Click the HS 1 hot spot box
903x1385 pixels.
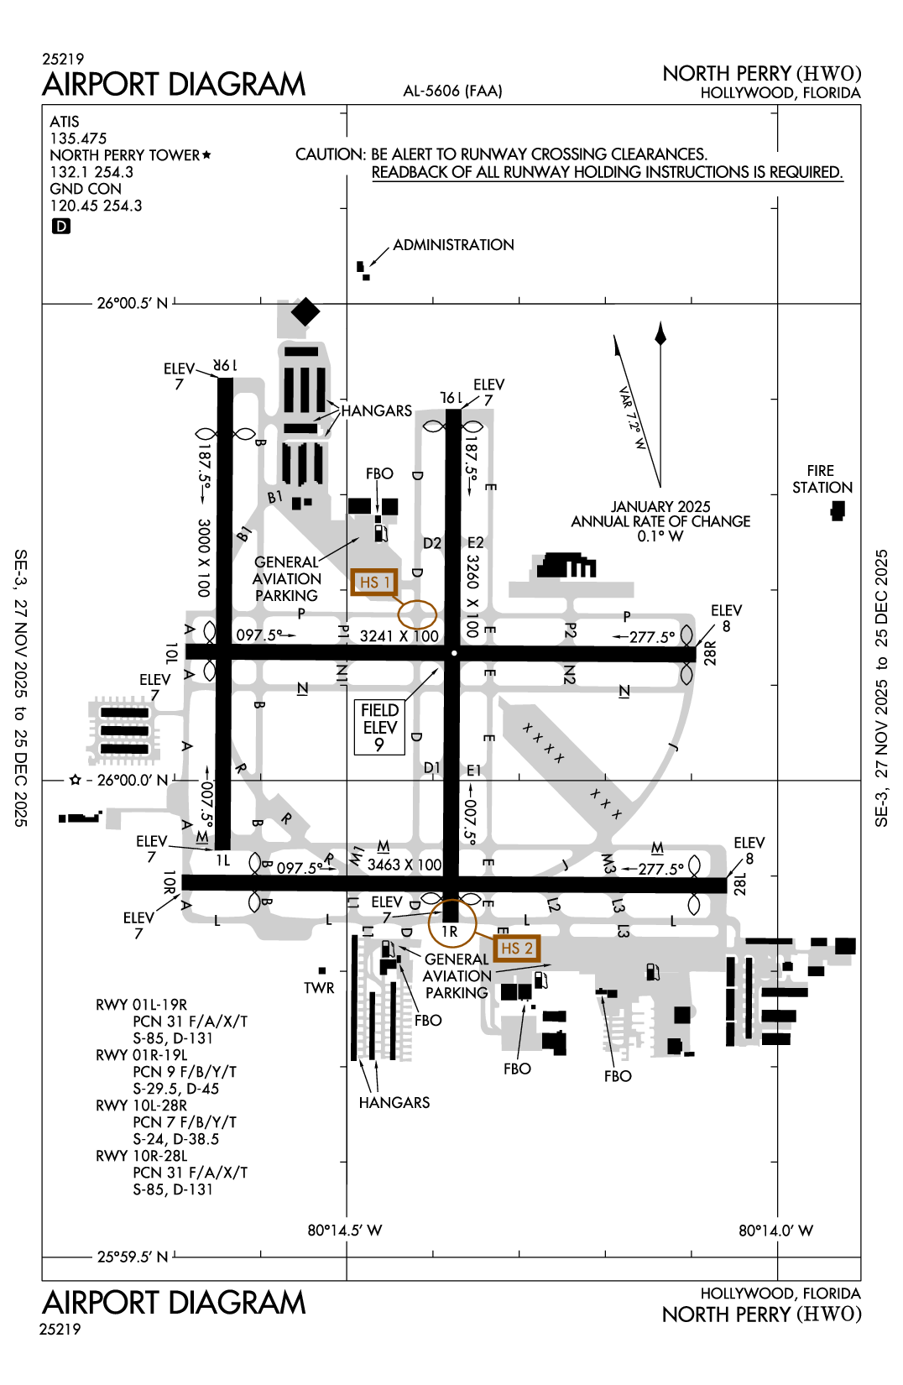point(373,582)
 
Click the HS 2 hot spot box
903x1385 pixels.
point(516,949)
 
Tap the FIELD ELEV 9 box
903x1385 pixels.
point(379,727)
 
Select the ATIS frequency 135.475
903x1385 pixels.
point(78,138)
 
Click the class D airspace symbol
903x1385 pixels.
point(61,226)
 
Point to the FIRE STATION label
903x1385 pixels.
point(822,479)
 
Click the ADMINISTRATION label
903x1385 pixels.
point(453,245)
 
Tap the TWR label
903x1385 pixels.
point(319,988)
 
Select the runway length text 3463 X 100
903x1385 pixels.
point(404,865)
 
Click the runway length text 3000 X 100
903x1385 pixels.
point(203,557)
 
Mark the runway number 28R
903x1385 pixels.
point(710,653)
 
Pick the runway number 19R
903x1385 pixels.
point(225,366)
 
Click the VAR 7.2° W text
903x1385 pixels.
point(632,417)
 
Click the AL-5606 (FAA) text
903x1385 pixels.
point(452,91)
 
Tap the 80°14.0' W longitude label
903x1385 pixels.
point(775,1231)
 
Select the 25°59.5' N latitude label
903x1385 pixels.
point(133,1257)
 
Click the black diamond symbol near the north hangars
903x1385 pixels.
point(305,311)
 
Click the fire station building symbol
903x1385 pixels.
point(837,510)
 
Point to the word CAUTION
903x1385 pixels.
point(330,154)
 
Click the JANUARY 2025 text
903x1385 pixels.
point(660,507)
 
